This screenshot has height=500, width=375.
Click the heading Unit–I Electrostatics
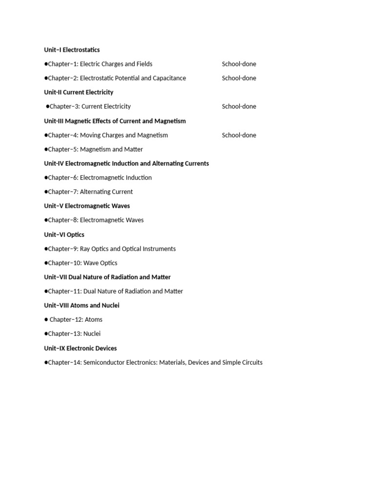[72, 50]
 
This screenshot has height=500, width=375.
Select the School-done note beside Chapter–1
[239, 64]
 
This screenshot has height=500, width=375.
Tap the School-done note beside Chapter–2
[239, 78]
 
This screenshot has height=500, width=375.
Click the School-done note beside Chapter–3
[239, 106]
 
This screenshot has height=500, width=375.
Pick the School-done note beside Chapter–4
[239, 135]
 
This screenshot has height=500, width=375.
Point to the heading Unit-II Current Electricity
[79, 92]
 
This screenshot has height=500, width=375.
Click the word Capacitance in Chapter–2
[169, 78]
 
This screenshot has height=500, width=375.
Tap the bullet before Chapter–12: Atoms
[46, 320]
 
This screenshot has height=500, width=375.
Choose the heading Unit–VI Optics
[64, 235]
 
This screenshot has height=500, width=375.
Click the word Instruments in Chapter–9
[159, 249]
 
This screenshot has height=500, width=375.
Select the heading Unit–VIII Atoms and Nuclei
[82, 306]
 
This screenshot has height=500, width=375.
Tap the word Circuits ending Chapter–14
[250, 363]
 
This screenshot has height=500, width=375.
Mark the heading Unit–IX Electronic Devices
[80, 349]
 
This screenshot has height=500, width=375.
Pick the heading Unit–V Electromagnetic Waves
[87, 206]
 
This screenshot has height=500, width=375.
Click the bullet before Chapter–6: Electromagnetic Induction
[46, 178]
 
